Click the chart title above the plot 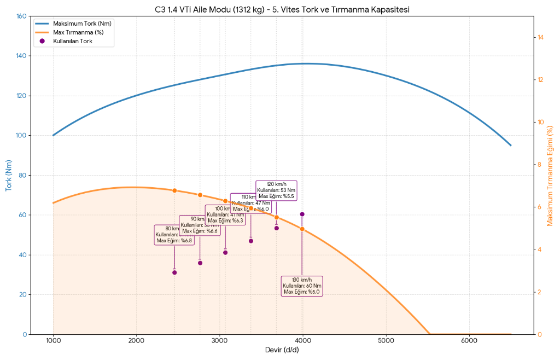[282, 9]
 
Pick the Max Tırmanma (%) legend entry [78, 32]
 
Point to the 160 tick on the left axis [21, 16]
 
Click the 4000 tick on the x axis [303, 340]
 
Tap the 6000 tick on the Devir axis [469, 340]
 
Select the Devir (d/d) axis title [282, 350]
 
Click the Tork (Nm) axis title [9, 175]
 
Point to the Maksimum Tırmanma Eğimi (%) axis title [550, 175]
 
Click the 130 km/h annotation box [302, 286]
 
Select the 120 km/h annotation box [276, 190]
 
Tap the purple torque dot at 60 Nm [302, 214]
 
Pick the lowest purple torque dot [174, 272]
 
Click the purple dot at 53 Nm [277, 228]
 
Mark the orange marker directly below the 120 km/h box [277, 218]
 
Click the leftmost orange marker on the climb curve [174, 190]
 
